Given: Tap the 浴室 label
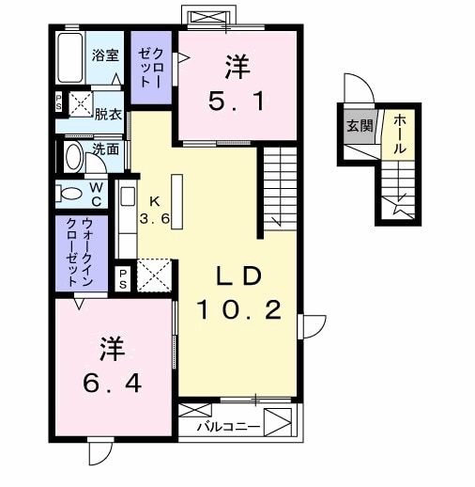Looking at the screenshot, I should coord(105,54).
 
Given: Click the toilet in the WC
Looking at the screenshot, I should coord(70,194).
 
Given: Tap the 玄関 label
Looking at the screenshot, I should coord(357,126).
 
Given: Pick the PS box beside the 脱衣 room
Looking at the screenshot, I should coord(59,102).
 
